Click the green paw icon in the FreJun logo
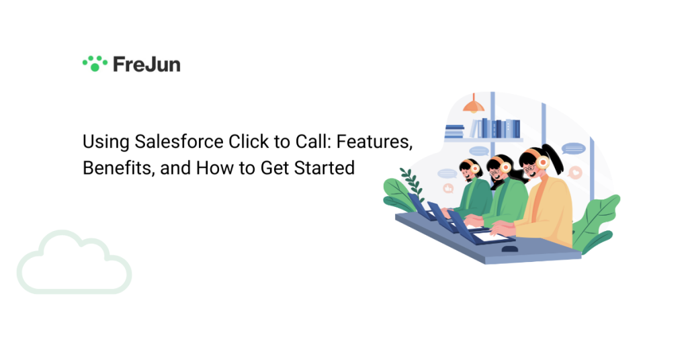pos(95,64)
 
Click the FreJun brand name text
pos(146,64)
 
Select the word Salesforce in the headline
pos(179,142)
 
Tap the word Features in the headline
pos(374,142)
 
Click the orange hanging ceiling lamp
pos(474,103)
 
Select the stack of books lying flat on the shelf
pos(455,132)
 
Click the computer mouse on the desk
pos(509,249)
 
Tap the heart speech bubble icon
pos(575,173)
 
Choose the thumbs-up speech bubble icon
pos(448,189)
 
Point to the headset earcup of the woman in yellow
pos(543,163)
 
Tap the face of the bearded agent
pos(466,173)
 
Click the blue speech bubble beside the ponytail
pos(574,148)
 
